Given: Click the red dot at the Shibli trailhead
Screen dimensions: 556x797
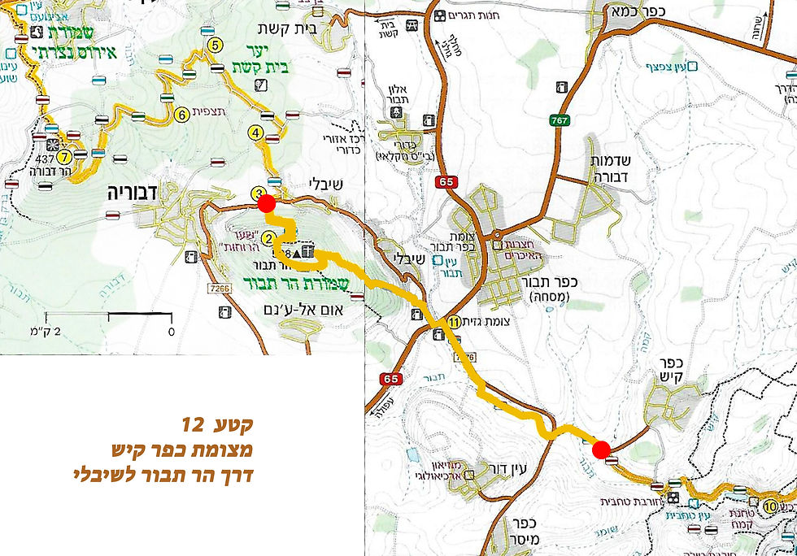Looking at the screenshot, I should pyautogui.click(x=265, y=203).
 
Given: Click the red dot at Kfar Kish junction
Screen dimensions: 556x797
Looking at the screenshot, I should pyautogui.click(x=601, y=450).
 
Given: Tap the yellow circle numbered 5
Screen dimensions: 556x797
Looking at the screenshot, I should pyautogui.click(x=216, y=46).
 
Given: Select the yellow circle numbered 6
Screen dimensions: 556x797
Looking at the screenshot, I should pyautogui.click(x=182, y=115).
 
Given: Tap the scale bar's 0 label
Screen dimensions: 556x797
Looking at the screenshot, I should pyautogui.click(x=172, y=332).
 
